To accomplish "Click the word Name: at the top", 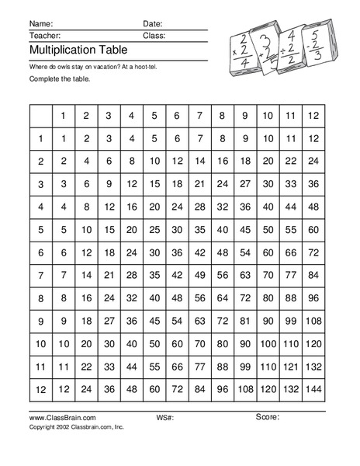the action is click(42, 24).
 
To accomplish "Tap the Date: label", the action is click(153, 24).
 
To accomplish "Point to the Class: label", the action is click(154, 36).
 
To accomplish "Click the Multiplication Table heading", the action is click(71, 50).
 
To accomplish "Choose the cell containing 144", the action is click(313, 388).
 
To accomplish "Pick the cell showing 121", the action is click(290, 366).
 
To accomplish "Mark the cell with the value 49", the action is click(199, 274).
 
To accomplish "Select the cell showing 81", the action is click(245, 320).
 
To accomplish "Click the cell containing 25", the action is click(154, 229).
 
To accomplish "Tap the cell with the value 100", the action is click(268, 343).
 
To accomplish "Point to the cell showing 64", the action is click(223, 297).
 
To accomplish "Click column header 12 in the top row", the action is click(313, 116).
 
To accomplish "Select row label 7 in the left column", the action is click(40, 274).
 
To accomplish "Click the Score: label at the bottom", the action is click(267, 418).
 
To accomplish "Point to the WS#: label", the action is click(164, 419).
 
